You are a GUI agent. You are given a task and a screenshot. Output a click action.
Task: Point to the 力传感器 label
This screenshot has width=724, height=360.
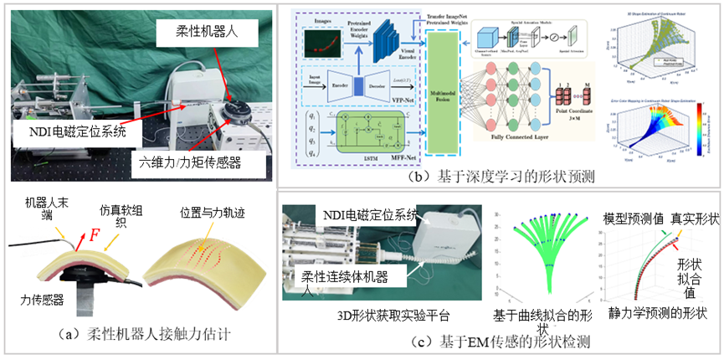pyautogui.click(x=44, y=297)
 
